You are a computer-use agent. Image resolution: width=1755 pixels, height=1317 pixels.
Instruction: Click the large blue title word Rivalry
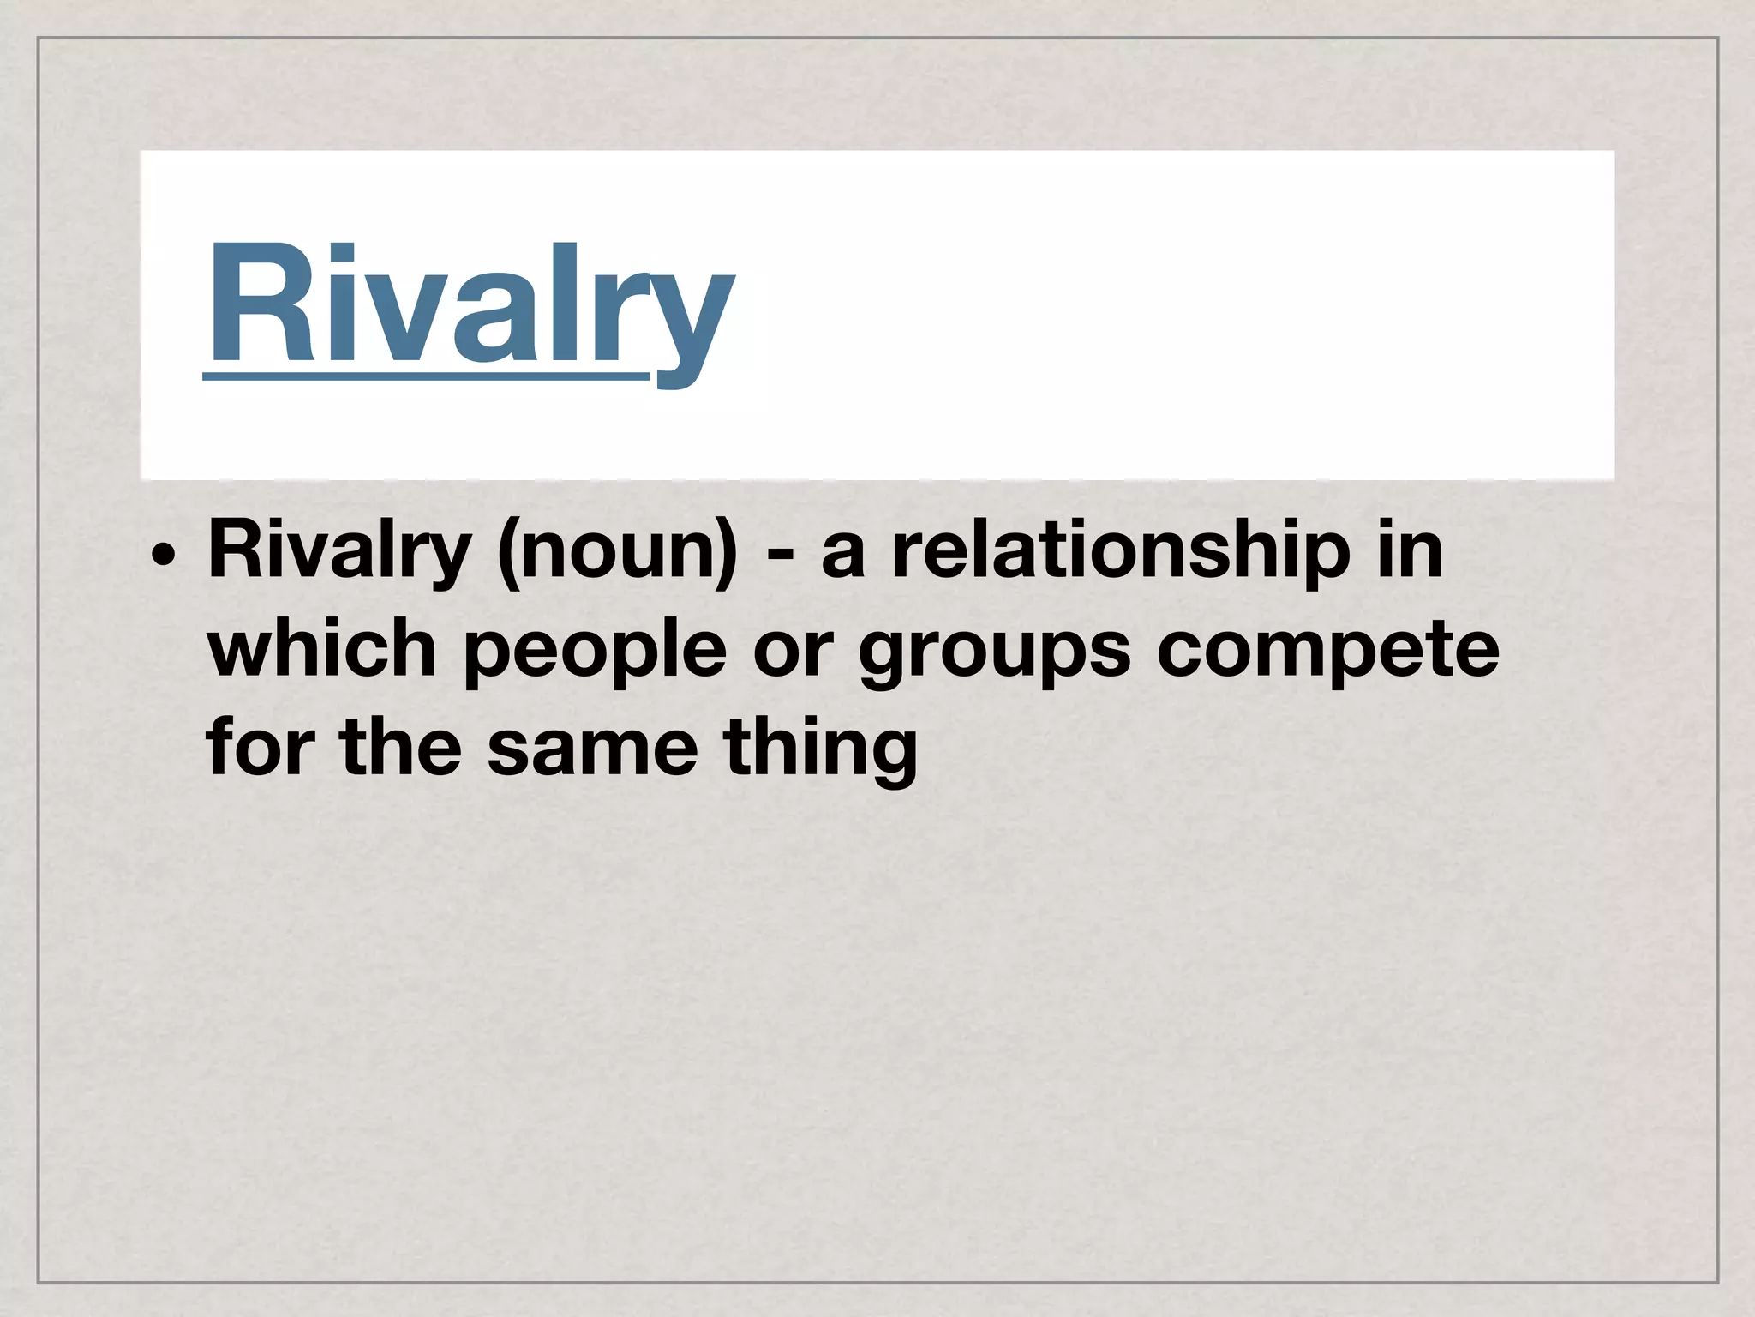470,304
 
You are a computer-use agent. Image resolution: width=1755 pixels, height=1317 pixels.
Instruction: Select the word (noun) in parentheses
617,553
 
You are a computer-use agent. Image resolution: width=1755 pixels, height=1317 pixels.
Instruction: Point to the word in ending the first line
1405,553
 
